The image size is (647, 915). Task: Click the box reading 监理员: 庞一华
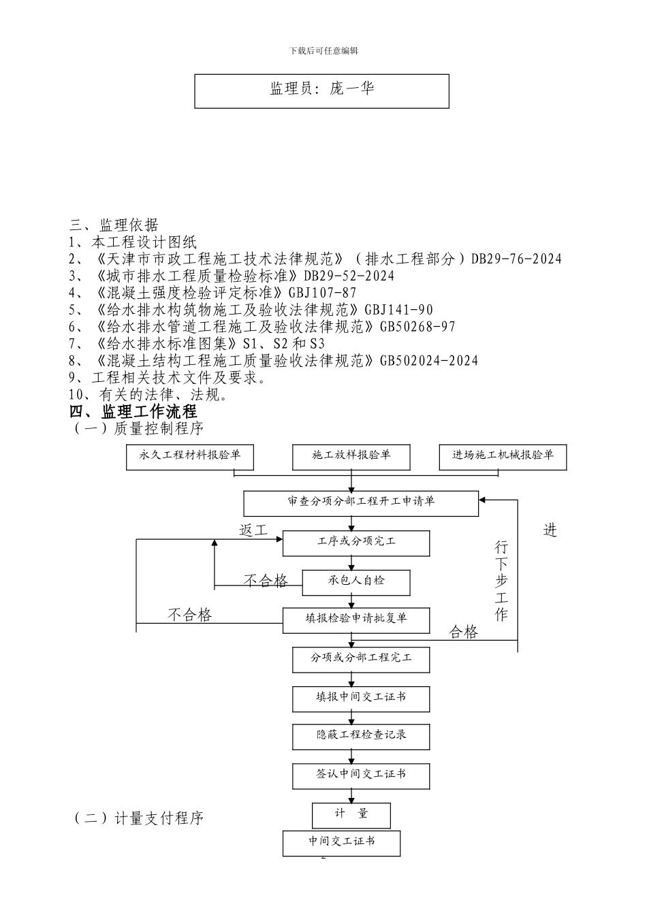pos(321,91)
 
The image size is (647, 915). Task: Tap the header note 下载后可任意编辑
pos(323,50)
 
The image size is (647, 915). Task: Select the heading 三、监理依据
pos(114,225)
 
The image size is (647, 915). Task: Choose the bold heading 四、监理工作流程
pos(133,412)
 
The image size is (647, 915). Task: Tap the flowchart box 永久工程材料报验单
pos(189,457)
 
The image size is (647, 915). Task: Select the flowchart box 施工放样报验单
pos(351,457)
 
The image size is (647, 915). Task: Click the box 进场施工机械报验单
pos(503,457)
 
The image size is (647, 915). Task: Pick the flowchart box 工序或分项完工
pos(356,543)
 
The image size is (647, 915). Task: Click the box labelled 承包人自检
pos(356,581)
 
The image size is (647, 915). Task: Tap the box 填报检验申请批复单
pos(356,620)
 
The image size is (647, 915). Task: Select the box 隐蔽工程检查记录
pos(361,736)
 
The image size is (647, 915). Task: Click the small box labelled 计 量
pos(351,814)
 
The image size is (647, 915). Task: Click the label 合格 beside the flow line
pos(464,632)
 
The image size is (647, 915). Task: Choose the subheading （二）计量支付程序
pos(139,818)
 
